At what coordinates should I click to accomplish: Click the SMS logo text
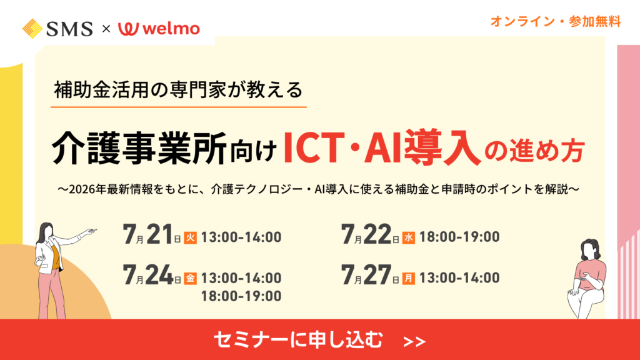(69, 29)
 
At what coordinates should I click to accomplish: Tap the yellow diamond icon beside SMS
(32, 29)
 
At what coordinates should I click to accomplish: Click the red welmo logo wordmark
(159, 29)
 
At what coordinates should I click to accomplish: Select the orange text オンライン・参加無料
(556, 21)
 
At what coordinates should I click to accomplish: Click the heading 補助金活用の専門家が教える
(178, 90)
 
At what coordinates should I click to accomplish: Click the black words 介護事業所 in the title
(139, 147)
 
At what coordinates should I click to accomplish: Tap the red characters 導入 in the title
(442, 147)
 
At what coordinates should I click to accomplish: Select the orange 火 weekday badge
(190, 237)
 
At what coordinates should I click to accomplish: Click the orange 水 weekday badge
(409, 237)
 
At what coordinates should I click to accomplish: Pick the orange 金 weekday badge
(190, 278)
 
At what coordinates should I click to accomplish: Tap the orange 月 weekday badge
(409, 278)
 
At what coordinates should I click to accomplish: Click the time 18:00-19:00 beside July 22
(459, 237)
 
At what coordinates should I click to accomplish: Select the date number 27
(377, 275)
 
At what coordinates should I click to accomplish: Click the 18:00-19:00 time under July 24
(241, 296)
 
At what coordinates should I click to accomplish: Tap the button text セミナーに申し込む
(298, 339)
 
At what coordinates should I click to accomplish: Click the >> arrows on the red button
(414, 342)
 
